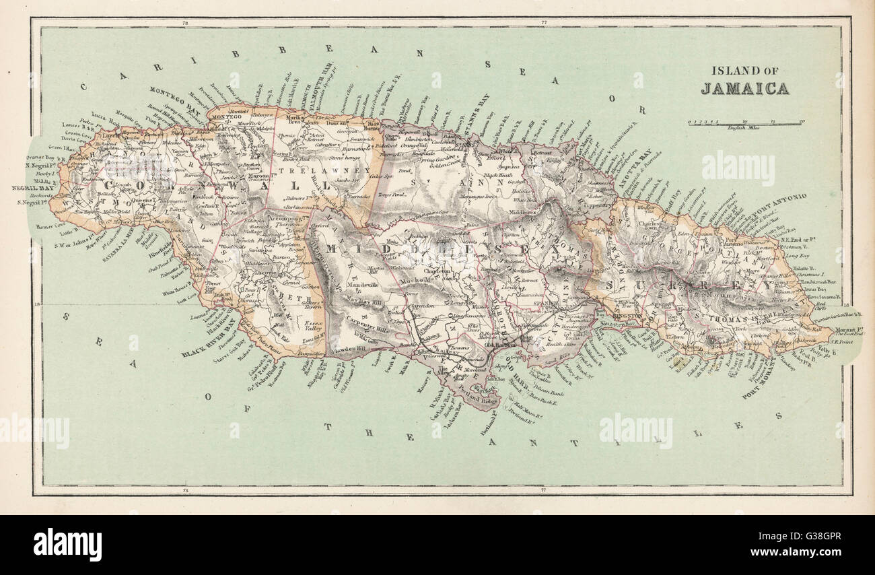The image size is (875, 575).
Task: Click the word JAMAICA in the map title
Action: click(744, 88)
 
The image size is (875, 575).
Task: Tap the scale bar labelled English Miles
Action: click(744, 123)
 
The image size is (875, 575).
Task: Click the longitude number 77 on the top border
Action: click(542, 24)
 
